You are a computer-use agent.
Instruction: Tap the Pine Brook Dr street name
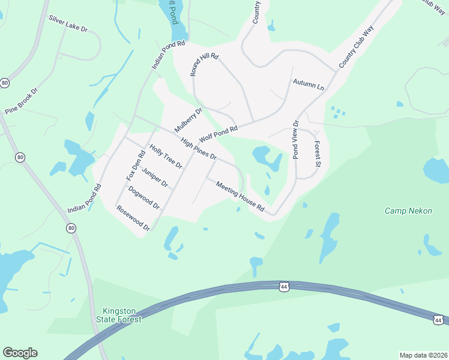coord(21,100)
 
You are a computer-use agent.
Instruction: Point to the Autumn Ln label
coord(308,85)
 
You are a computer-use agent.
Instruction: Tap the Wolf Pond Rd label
coord(219,132)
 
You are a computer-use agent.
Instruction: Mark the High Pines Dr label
coord(198,147)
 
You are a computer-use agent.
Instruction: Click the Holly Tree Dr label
coord(166,157)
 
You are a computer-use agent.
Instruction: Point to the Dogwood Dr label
coord(143,197)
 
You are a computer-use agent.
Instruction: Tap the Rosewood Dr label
coord(133,218)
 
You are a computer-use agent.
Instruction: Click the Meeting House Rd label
coord(240,197)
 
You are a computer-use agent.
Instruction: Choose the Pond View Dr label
coord(295,140)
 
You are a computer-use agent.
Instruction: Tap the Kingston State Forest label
coord(122,315)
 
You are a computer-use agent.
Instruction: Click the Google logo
coord(20,353)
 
